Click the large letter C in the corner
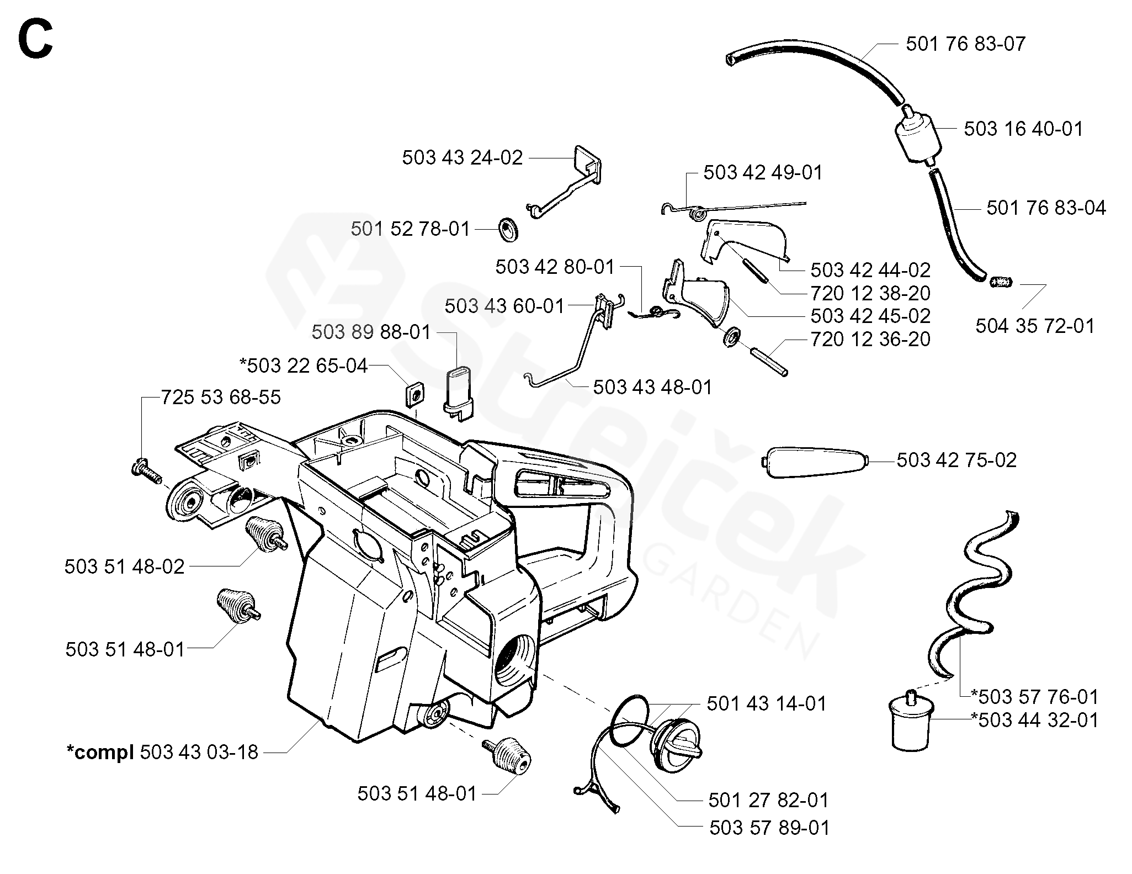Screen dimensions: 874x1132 (x=35, y=38)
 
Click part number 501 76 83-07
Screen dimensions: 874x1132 (x=965, y=44)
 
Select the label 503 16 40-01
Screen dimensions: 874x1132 (x=1023, y=129)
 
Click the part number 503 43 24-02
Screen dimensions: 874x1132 (x=462, y=158)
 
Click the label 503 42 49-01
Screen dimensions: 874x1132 (x=763, y=173)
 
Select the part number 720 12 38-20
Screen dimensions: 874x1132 (x=870, y=293)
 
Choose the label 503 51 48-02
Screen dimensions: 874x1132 (x=124, y=567)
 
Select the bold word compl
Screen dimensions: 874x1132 (x=100, y=753)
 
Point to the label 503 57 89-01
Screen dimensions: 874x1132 (x=769, y=828)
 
